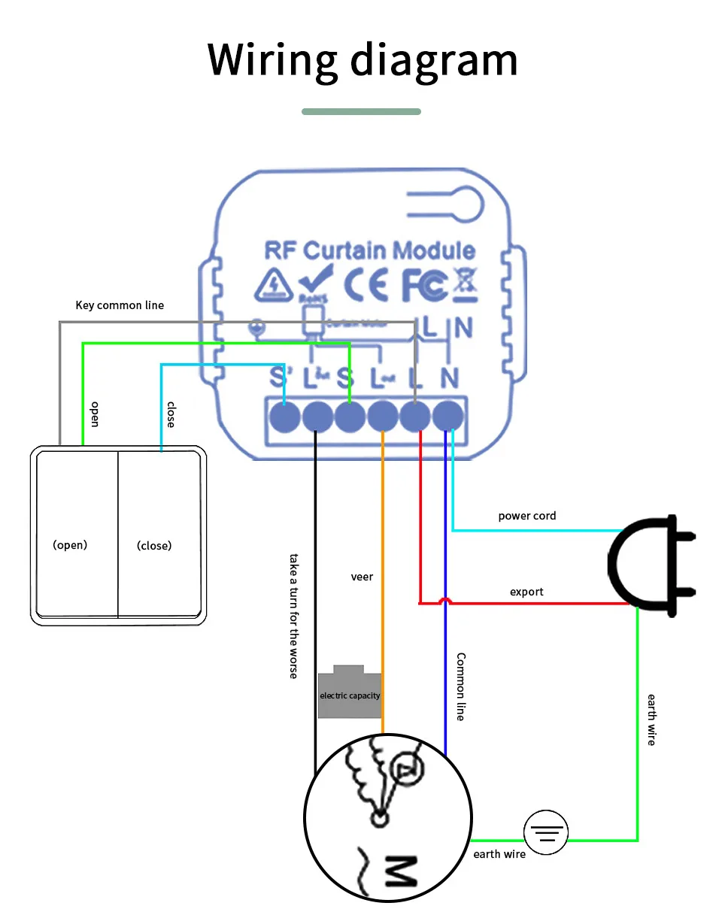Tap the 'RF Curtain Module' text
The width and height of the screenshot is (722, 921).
pyautogui.click(x=369, y=250)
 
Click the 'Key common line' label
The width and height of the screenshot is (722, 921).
pyautogui.click(x=120, y=305)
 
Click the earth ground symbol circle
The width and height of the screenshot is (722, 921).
pyautogui.click(x=546, y=833)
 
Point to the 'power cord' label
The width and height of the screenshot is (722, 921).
pyautogui.click(x=527, y=516)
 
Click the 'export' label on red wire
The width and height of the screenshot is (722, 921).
pyautogui.click(x=526, y=592)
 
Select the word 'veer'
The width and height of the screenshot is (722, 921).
pyautogui.click(x=362, y=577)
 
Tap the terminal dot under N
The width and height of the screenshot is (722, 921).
pyautogui.click(x=449, y=416)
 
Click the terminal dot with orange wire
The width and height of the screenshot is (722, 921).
pyautogui.click(x=383, y=416)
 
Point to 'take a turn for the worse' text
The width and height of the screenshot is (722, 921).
pyautogui.click(x=294, y=616)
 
